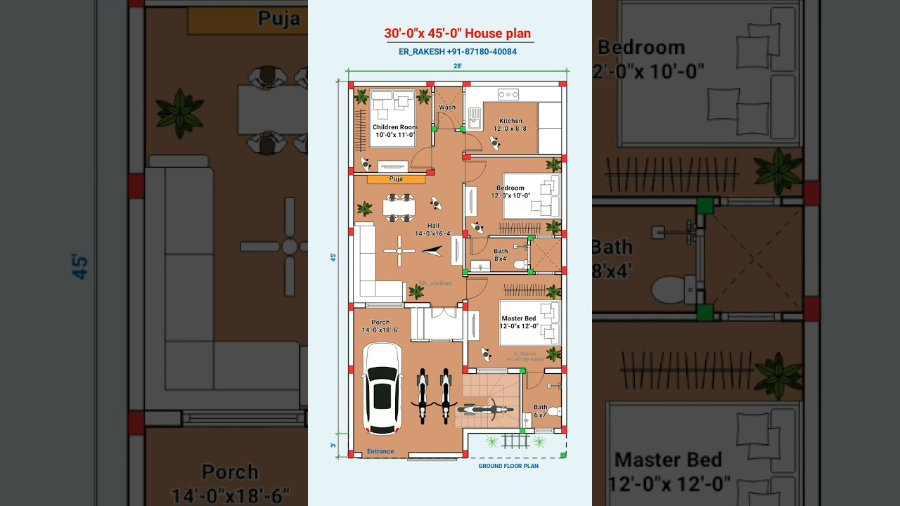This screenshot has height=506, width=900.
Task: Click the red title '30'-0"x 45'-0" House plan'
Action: point(457,33)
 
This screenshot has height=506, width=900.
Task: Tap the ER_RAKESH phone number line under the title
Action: point(457,52)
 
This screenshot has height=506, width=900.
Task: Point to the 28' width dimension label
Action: point(458,66)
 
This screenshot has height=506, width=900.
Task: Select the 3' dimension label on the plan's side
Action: point(333,445)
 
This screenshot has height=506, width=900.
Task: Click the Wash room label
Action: point(447,108)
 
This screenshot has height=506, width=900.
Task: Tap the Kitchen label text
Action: point(511,121)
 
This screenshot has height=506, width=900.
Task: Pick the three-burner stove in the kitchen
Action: point(508,94)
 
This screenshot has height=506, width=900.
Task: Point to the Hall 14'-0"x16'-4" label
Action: point(433,229)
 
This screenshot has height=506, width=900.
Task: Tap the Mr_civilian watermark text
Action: point(436,283)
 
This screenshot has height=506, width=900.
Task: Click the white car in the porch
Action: point(382,388)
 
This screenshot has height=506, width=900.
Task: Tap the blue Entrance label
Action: point(380,451)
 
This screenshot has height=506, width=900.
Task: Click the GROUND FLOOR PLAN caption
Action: point(508,466)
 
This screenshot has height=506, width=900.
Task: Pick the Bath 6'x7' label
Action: point(540,410)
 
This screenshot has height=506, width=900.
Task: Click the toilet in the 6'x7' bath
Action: point(554,411)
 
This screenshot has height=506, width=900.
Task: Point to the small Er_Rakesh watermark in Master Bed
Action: point(525,356)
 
